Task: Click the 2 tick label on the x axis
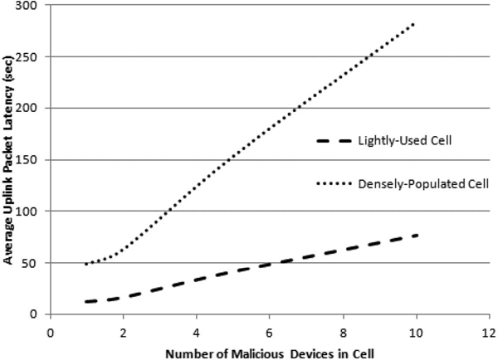[123, 333]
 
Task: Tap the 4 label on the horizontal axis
[197, 333]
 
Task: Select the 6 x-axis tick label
[270, 333]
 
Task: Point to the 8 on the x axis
[343, 333]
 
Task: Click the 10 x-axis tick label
[416, 333]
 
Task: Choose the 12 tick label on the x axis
[489, 333]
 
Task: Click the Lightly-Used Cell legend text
[405, 141]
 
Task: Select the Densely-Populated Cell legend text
[423, 184]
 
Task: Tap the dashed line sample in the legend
[334, 141]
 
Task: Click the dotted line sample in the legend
[334, 183]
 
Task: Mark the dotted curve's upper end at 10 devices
[413, 24]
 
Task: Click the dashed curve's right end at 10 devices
[417, 236]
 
